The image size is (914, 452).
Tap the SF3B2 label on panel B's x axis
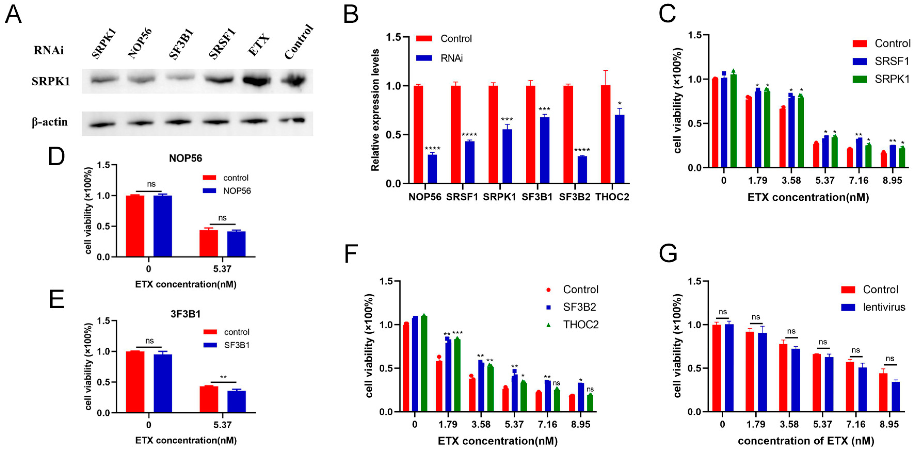574,197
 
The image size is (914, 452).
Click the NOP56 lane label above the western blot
140,43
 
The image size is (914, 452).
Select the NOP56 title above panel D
185,158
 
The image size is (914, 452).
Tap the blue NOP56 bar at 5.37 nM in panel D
236,244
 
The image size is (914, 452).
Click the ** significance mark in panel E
223,377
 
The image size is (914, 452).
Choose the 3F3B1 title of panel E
185,314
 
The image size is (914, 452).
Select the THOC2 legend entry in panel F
581,324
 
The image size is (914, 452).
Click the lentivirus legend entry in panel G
884,307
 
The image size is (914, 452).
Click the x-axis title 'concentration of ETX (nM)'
806,441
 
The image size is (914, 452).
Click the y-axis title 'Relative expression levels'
375,110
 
